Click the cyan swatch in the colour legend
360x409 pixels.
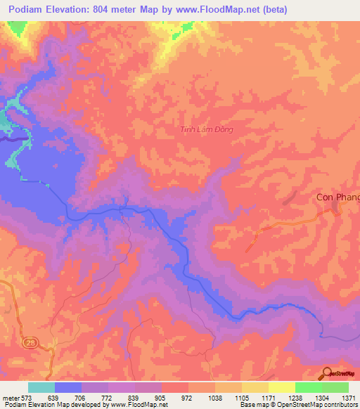click(x=41, y=387)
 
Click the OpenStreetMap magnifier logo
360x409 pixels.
click(x=328, y=374)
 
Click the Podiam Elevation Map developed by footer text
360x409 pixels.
click(x=59, y=405)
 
